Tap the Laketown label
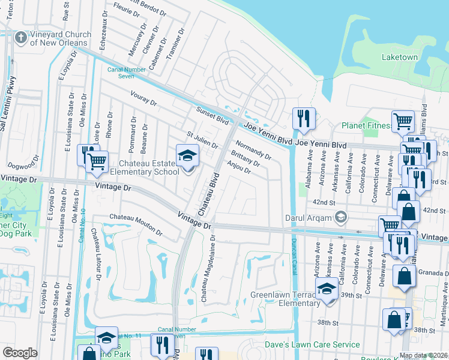coord(400,57)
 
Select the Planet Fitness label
coord(366,126)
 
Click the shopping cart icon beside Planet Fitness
coord(403,122)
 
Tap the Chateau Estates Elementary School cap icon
coord(187,155)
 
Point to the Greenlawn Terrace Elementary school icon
coord(327,289)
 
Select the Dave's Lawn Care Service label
coord(312,345)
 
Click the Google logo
coord(20,353)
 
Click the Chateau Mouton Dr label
coord(135,222)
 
